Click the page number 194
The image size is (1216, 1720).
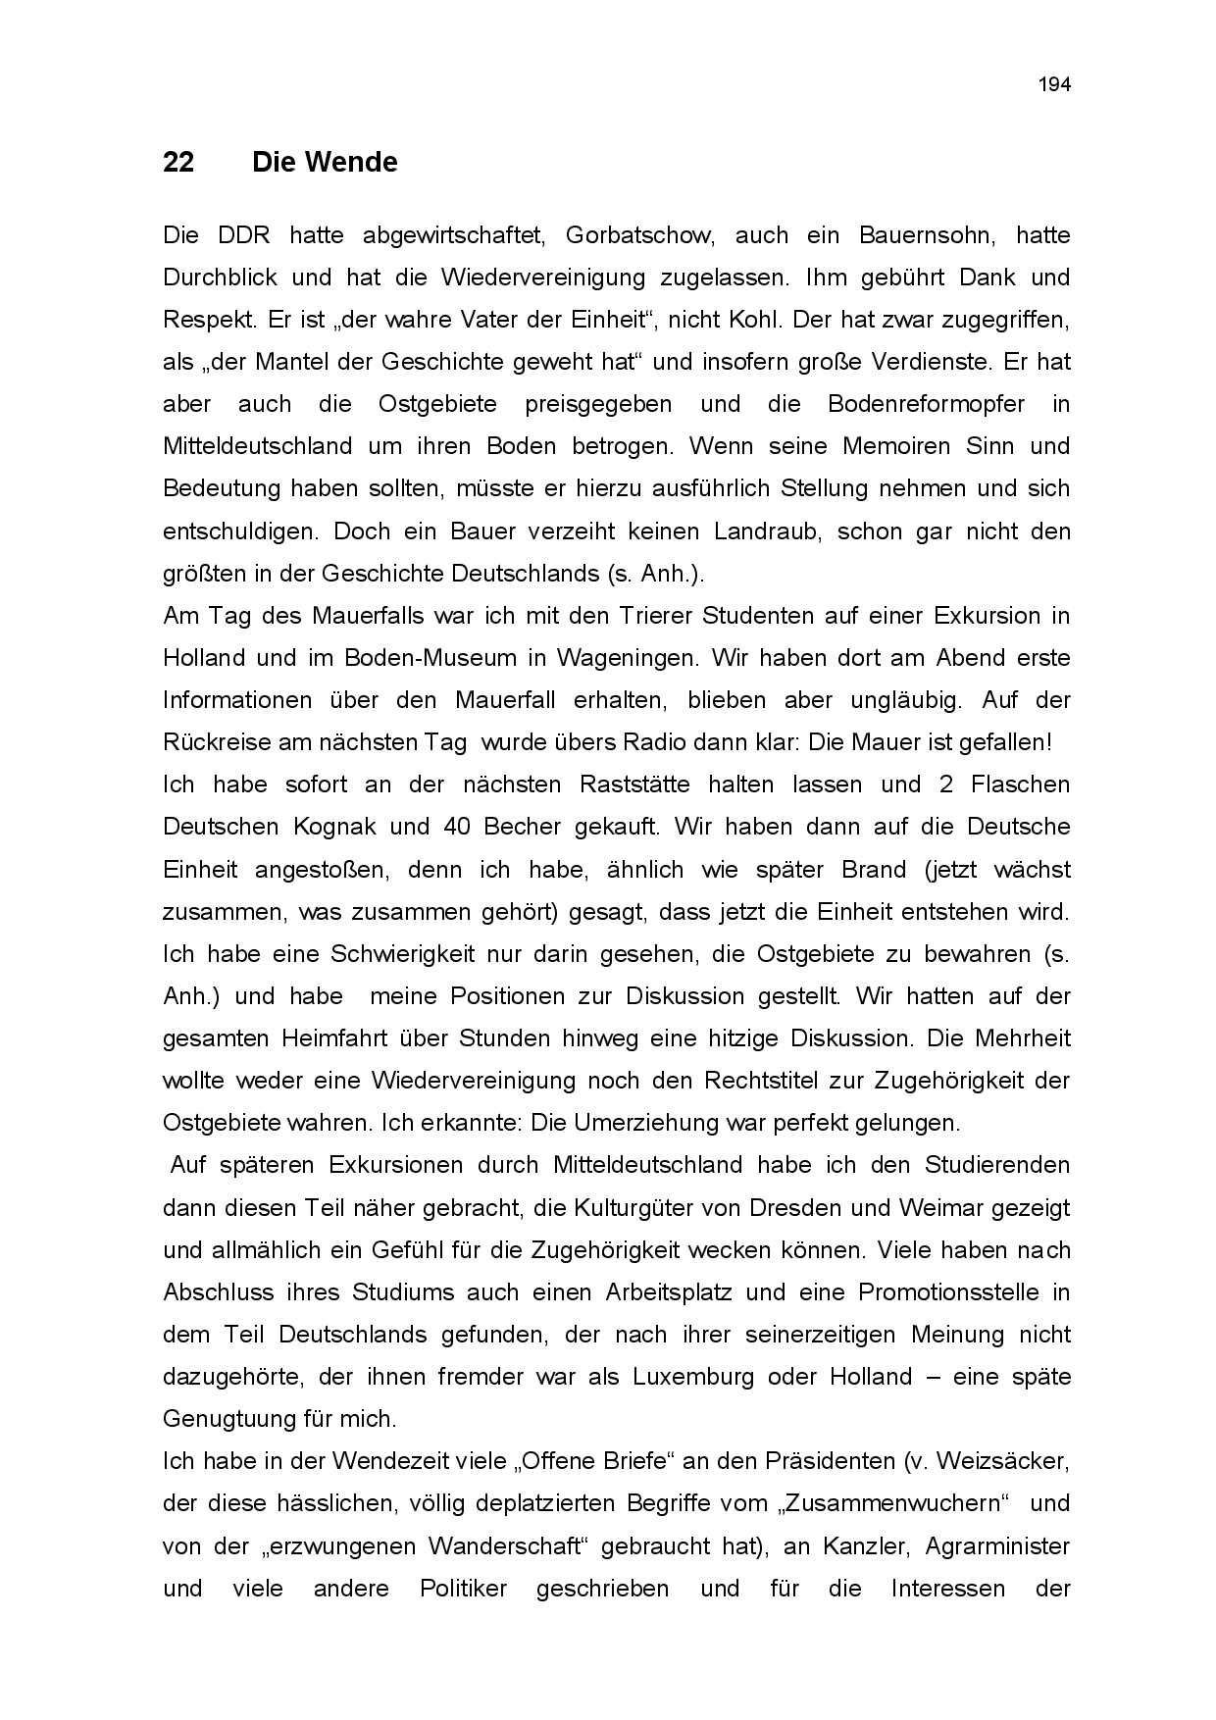pyautogui.click(x=1054, y=84)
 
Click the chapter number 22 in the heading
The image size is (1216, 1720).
pyautogui.click(x=178, y=162)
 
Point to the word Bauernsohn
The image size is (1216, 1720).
pyautogui.click(x=923, y=235)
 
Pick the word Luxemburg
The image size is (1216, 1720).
pyautogui.click(x=693, y=1377)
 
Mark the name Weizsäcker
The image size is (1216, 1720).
pyautogui.click(x=1002, y=1461)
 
